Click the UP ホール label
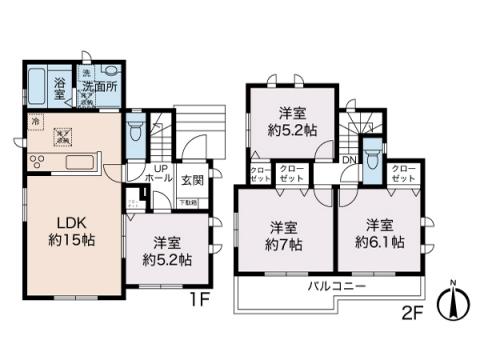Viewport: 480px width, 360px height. point(160,173)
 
